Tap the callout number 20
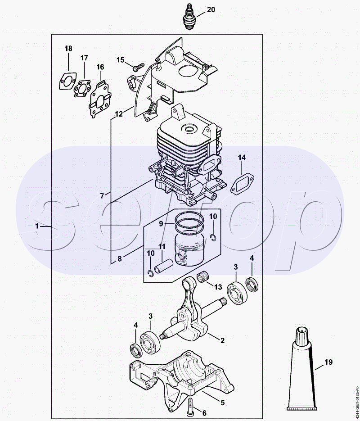click(x=211, y=9)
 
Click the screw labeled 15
click(x=139, y=66)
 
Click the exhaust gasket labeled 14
click(x=243, y=184)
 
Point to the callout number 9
click(x=161, y=224)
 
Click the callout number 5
click(x=222, y=403)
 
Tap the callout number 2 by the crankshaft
click(x=222, y=340)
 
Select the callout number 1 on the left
click(x=37, y=226)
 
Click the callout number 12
click(x=118, y=114)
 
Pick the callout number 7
click(x=102, y=196)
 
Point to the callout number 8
click(x=120, y=259)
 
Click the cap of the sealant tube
click(x=302, y=336)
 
